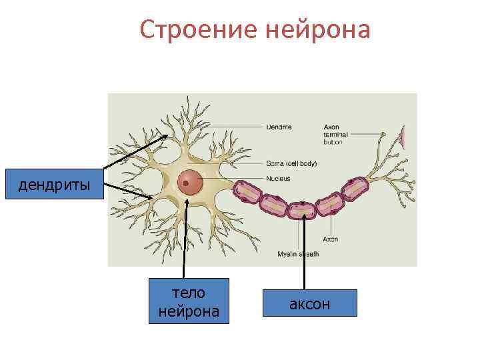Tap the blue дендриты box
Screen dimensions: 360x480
coord(54,185)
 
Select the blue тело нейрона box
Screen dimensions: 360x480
coord(188,301)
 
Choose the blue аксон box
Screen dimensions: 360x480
coord(309,303)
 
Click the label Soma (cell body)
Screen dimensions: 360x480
coord(291,163)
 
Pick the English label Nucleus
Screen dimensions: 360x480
coord(278,178)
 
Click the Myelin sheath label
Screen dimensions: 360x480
coord(298,254)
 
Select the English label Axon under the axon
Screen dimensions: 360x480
coord(331,239)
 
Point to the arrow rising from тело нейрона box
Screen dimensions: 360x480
coord(185,240)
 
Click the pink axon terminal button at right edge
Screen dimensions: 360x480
coord(404,137)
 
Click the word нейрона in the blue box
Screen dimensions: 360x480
coord(188,311)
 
